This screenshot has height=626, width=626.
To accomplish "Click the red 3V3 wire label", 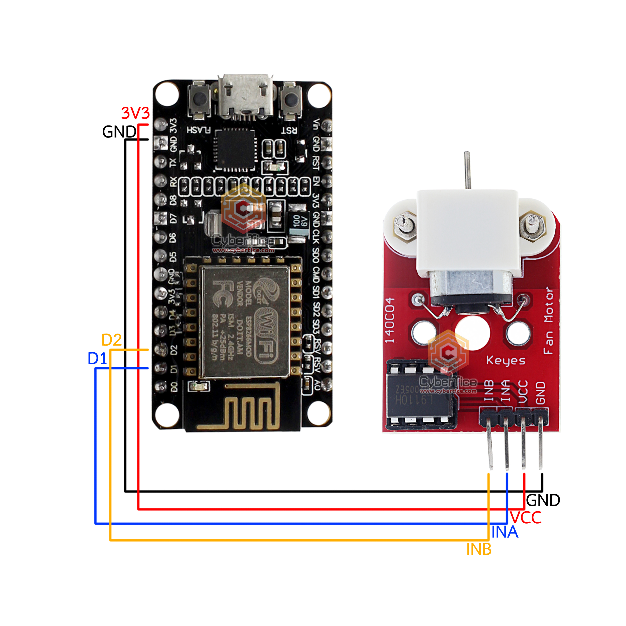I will (x=135, y=113).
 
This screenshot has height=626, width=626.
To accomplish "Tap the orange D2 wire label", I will (x=111, y=340).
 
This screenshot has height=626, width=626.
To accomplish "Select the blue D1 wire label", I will (x=97, y=359).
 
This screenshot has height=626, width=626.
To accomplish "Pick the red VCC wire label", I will (x=526, y=518).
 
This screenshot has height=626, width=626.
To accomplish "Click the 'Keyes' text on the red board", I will (x=506, y=360).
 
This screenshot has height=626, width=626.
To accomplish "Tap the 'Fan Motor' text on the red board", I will (x=548, y=321).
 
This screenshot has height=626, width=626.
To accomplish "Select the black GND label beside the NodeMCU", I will (x=119, y=132).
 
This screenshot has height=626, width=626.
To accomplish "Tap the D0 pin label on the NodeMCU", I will (x=174, y=387).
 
